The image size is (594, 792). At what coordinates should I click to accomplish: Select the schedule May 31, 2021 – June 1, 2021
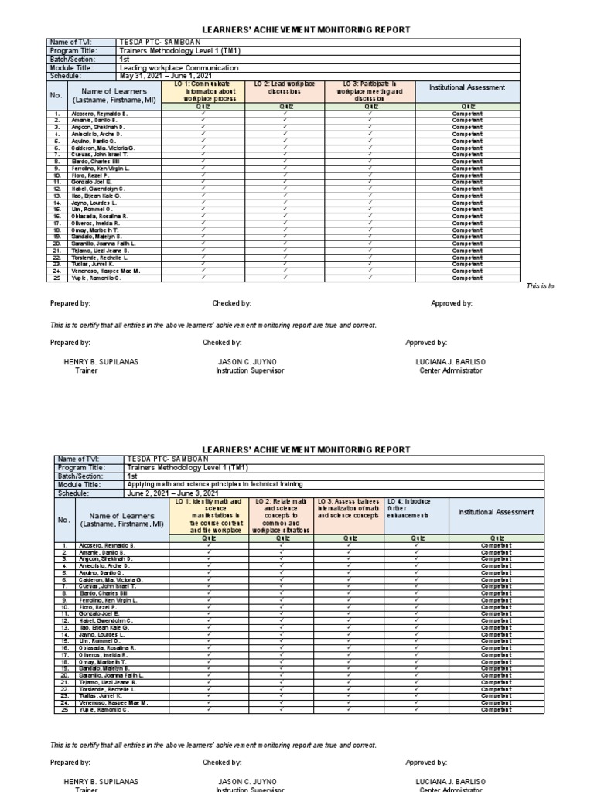point(166,76)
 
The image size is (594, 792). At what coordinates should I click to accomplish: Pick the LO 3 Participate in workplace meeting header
point(370,90)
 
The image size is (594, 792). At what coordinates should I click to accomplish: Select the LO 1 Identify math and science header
point(206,516)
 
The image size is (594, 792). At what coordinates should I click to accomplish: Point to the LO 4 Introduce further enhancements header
point(416,507)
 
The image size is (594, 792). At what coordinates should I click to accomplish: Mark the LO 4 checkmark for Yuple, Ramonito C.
point(416,709)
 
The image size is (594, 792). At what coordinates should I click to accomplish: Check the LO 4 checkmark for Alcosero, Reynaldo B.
point(416,545)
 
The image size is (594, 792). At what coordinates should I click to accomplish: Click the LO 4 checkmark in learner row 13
point(416,627)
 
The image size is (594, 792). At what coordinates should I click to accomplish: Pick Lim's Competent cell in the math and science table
point(491,641)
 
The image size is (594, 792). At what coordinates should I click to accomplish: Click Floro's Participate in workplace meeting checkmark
point(370,176)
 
